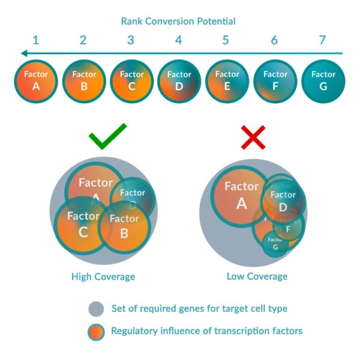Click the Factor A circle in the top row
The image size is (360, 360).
coord(36,80)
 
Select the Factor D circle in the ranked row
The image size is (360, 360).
coord(179,80)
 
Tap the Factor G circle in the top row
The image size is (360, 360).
coord(323,80)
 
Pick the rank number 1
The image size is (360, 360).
coord(36,41)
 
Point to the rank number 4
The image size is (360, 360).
coord(179,41)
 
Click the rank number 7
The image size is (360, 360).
coord(322,41)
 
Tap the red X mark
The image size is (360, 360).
coord(253,138)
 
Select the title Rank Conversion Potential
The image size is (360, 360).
coord(178,22)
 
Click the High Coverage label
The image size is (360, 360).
coord(103,277)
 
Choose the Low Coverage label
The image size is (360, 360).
coord(257,277)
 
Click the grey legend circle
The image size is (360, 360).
coord(95,309)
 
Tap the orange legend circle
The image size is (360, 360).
coord(95,331)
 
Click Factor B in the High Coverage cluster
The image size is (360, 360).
coord(124,227)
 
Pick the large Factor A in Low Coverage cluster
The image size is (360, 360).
coord(240,195)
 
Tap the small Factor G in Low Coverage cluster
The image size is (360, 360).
coord(275,244)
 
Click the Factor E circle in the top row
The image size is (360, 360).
coord(227,80)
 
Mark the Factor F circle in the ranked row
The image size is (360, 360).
coord(275,80)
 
